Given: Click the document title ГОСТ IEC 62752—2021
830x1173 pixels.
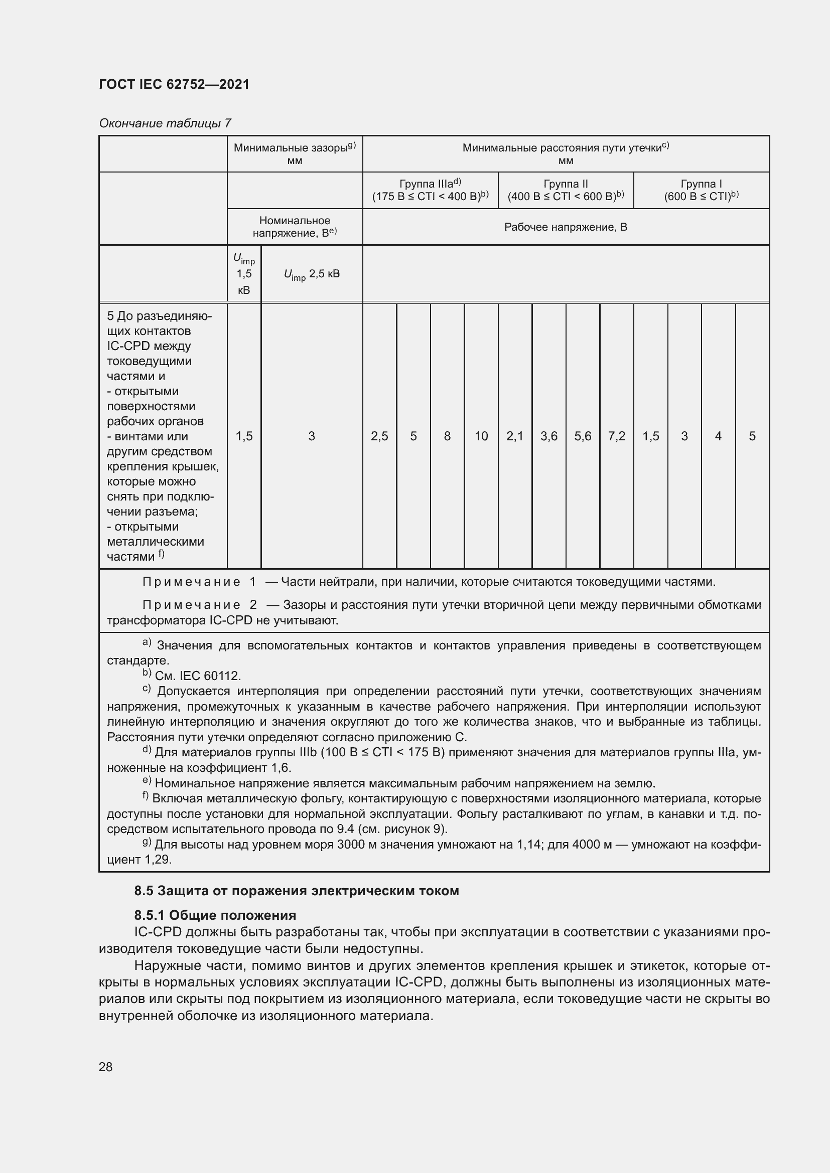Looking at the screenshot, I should click(174, 84).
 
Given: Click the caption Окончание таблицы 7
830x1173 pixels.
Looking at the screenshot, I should click(165, 123).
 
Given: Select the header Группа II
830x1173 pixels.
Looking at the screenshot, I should click(565, 184).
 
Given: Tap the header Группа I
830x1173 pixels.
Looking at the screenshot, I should click(701, 184).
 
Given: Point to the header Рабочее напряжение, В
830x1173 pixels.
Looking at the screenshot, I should click(565, 227).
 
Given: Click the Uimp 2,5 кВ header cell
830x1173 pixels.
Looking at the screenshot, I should click(311, 274).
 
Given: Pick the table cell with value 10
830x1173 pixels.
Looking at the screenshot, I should click(481, 436).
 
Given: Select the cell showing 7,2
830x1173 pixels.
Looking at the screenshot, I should click(616, 436).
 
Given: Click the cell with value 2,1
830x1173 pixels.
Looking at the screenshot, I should click(515, 436).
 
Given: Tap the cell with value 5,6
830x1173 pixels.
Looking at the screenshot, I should click(583, 436).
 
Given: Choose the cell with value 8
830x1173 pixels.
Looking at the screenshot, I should click(447, 436).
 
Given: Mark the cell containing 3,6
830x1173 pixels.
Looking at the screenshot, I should click(548, 436).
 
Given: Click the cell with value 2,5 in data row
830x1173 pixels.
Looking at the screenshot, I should click(379, 436).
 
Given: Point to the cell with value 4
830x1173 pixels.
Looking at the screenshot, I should click(718, 436).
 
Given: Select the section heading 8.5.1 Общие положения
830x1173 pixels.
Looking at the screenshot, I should click(215, 915).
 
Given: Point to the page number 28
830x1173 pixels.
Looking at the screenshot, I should click(105, 1066).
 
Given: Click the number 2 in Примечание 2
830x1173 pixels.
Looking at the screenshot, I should click(253, 605).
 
